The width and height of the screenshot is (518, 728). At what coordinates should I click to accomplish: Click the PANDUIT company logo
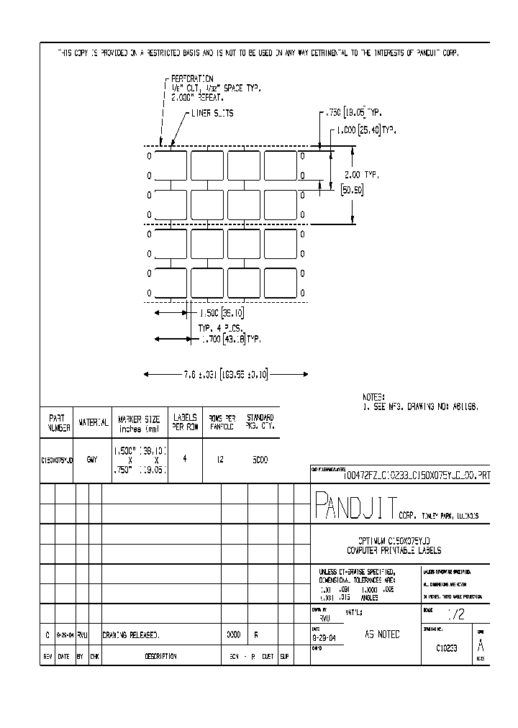pyautogui.click(x=354, y=507)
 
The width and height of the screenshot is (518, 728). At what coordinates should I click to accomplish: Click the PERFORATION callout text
pyautogui.click(x=193, y=78)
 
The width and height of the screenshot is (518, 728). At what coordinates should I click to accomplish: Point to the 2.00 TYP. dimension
pyautogui.click(x=360, y=175)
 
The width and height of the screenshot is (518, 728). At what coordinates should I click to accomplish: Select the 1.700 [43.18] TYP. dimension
pyautogui.click(x=230, y=338)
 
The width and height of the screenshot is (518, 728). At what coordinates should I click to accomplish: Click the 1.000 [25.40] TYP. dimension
pyautogui.click(x=365, y=130)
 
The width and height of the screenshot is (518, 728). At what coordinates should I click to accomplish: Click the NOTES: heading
pyautogui.click(x=374, y=397)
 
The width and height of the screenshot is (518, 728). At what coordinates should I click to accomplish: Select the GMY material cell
pyautogui.click(x=92, y=459)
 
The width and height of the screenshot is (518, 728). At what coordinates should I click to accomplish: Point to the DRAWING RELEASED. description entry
pyautogui.click(x=131, y=636)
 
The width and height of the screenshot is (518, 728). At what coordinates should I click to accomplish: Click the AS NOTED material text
pyautogui.click(x=382, y=634)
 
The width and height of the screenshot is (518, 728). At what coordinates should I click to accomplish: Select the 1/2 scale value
pyautogui.click(x=456, y=616)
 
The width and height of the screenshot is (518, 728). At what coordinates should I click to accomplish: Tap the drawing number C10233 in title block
pyautogui.click(x=447, y=647)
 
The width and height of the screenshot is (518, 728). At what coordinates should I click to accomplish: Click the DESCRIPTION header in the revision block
pyautogui.click(x=161, y=656)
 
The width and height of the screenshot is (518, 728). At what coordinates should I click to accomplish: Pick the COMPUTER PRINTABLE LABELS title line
pyautogui.click(x=399, y=550)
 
